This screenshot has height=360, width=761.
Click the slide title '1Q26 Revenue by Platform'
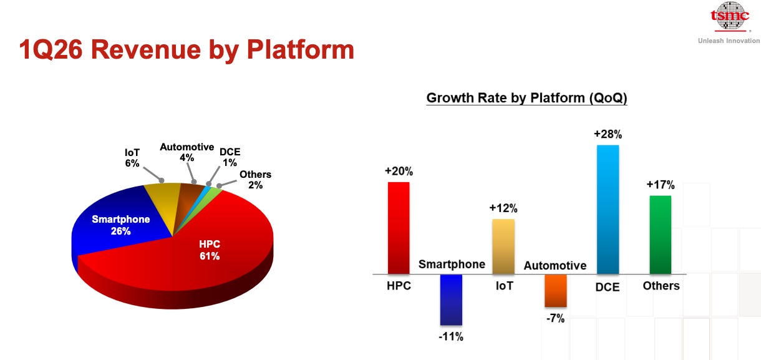click(x=186, y=50)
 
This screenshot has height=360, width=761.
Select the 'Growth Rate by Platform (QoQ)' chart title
click(x=526, y=98)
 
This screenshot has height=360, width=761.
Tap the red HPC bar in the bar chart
click(x=399, y=228)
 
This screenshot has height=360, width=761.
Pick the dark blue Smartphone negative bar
click(x=451, y=299)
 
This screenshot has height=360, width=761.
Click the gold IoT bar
click(x=503, y=246)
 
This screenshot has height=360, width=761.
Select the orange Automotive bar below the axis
click(x=555, y=291)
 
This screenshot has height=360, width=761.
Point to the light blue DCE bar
click(x=608, y=210)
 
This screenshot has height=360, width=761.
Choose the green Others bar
click(x=660, y=235)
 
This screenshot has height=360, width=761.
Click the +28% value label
click(x=608, y=134)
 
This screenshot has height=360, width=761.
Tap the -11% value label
click(x=451, y=336)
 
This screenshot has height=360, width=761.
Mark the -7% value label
click(x=555, y=318)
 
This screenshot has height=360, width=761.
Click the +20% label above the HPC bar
click(x=399, y=171)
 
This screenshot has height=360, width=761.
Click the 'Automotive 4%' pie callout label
click(x=187, y=152)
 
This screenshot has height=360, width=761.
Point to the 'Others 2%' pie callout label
click(x=255, y=180)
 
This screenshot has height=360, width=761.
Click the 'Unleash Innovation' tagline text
click(x=728, y=41)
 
